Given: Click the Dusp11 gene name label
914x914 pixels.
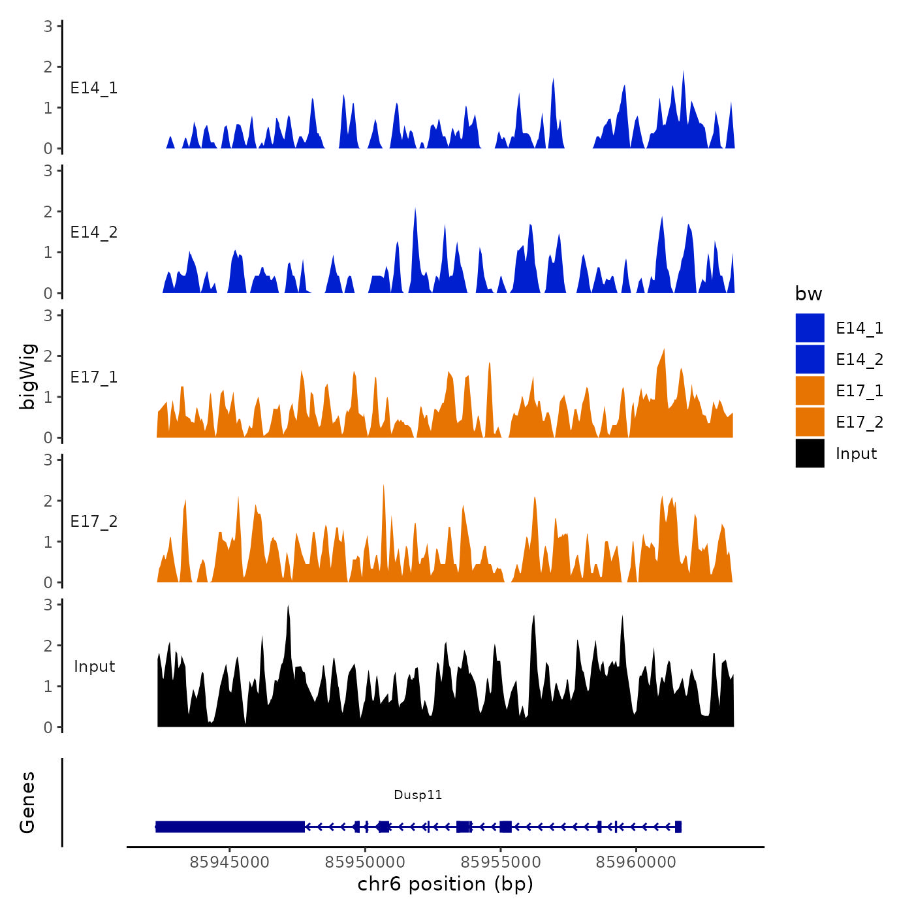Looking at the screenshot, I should coord(418,795).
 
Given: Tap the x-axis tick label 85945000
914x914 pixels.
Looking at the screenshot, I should coord(229,862).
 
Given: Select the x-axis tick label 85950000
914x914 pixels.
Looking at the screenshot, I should coord(365,862).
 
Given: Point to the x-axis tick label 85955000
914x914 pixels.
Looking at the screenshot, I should coord(501,862).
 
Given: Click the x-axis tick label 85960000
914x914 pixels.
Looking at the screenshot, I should coord(636,862).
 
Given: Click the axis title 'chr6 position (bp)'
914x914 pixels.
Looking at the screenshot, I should coord(445,884).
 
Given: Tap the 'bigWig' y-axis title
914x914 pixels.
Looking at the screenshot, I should coord(27,376).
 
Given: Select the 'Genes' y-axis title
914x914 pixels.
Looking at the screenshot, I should coord(27,802).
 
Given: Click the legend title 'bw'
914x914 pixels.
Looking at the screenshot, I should coord(808,294).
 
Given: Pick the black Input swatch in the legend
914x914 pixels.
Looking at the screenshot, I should coord(810,453).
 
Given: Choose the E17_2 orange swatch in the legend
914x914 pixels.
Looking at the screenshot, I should coord(810,422).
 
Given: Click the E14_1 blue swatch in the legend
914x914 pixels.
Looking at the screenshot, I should coord(810,328).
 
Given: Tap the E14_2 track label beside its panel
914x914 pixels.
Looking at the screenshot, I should coord(94,232).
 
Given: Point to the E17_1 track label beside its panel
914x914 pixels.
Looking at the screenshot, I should coord(94,377).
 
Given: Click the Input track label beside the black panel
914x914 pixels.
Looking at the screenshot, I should coord(94,667).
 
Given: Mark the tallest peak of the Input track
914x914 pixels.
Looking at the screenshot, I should coord(288,607).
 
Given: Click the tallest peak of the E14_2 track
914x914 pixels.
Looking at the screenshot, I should coord(415,210).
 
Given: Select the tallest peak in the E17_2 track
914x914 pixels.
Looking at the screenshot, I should coord(383,486).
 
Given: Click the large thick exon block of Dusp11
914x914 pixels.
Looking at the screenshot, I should coord(230,827).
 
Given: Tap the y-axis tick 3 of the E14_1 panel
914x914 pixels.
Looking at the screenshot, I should coord(48,26).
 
